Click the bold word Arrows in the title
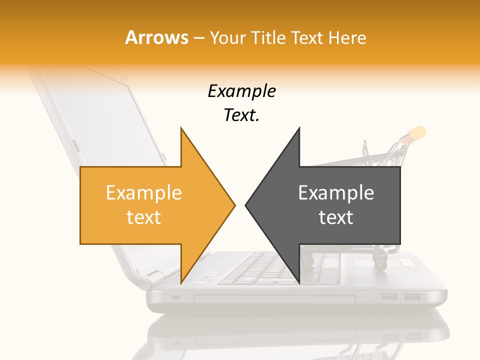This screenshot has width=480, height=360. click(157, 37)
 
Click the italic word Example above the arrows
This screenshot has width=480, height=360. click(241, 91)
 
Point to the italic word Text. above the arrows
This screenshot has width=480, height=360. click(241, 115)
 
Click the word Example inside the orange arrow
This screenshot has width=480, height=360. click(143, 193)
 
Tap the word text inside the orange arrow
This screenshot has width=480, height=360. click(143, 217)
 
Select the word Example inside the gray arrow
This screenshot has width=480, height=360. click(336, 193)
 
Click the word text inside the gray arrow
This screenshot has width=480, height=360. click(336, 217)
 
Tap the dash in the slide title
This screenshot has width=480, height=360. click(199, 38)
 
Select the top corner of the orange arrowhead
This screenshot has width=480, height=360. click(181, 128)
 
